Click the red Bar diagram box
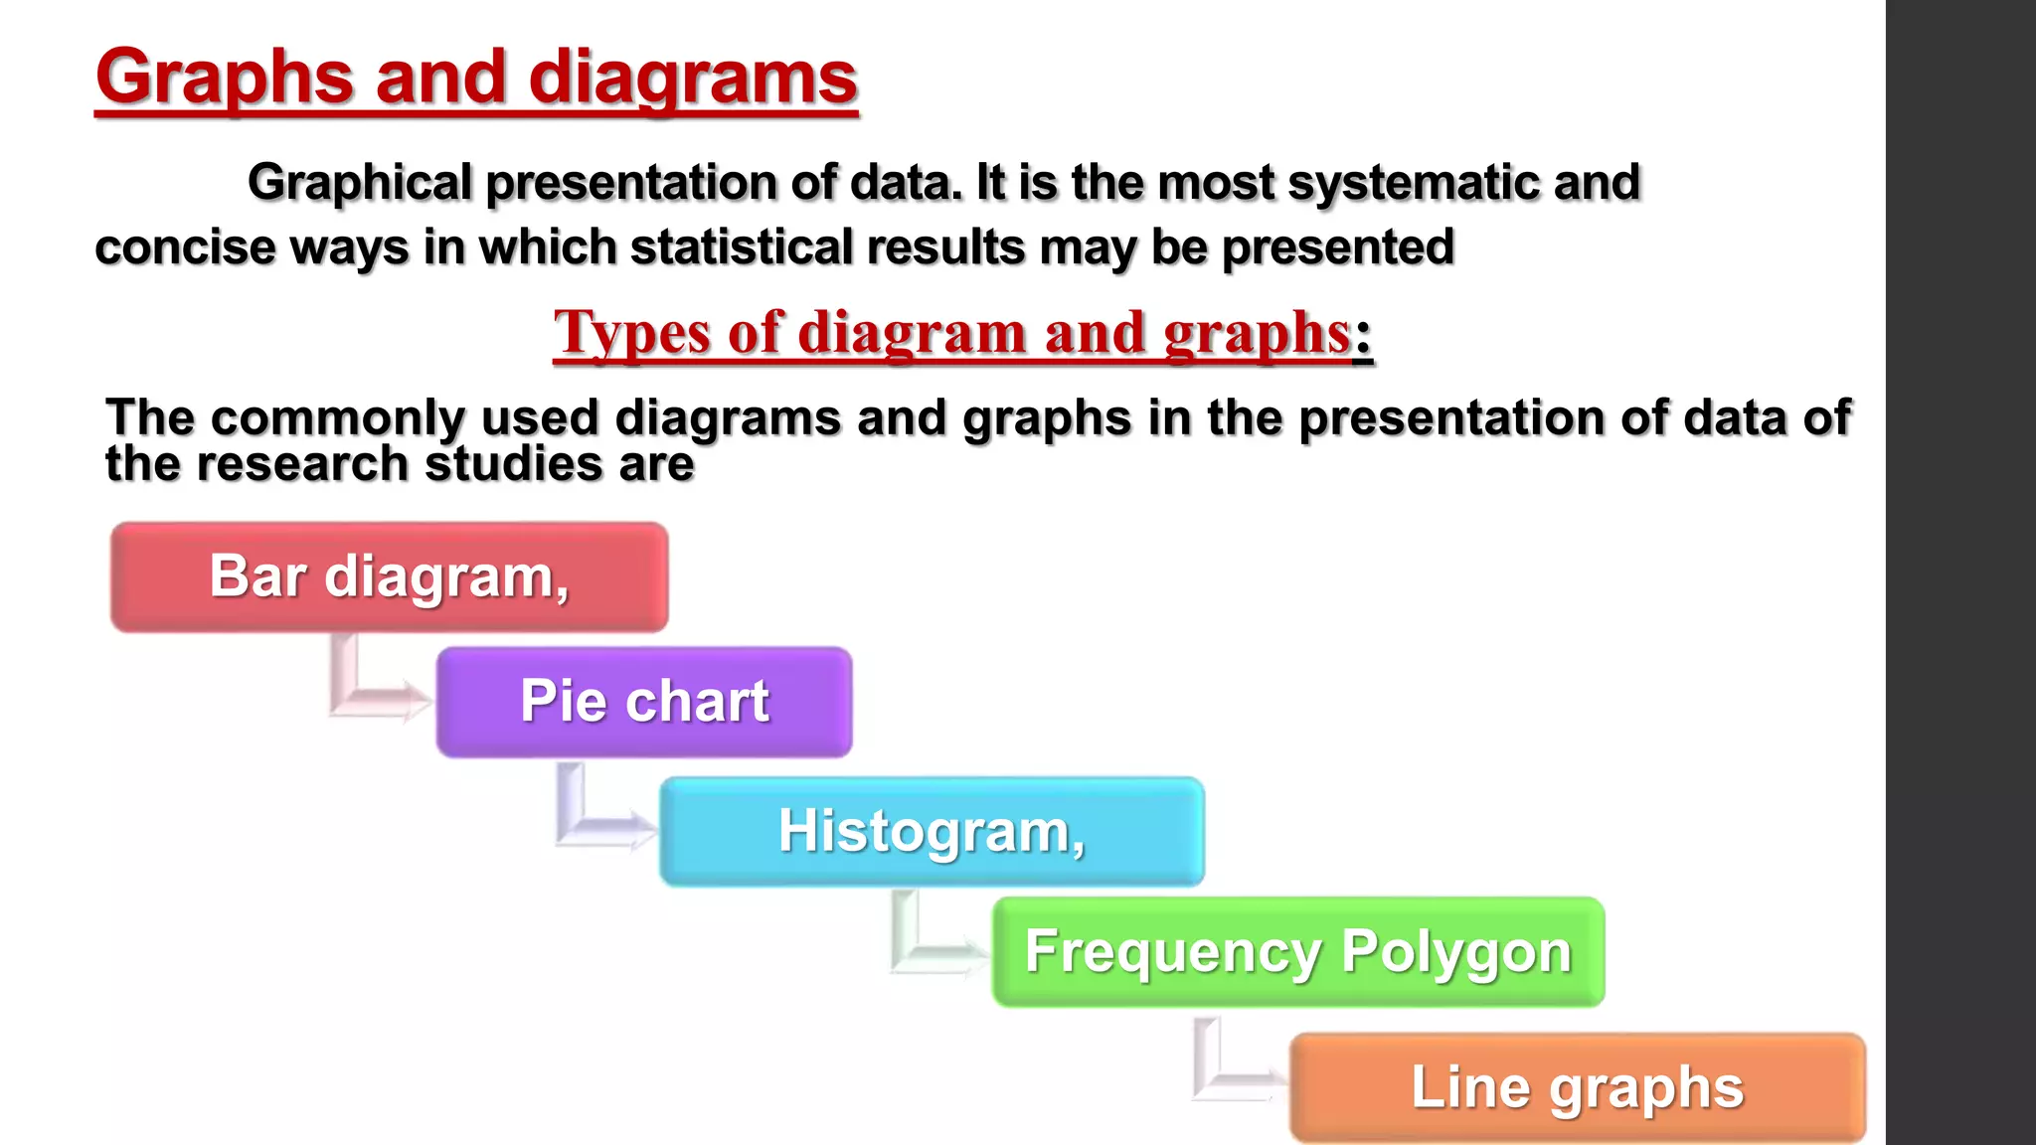click(389, 577)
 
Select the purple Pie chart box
click(643, 702)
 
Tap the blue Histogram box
click(932, 831)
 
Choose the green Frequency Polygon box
click(1297, 952)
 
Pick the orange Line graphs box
click(1577, 1087)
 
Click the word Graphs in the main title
click(225, 80)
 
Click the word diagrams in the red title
click(692, 80)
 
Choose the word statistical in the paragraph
click(741, 247)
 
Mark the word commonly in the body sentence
click(337, 418)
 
